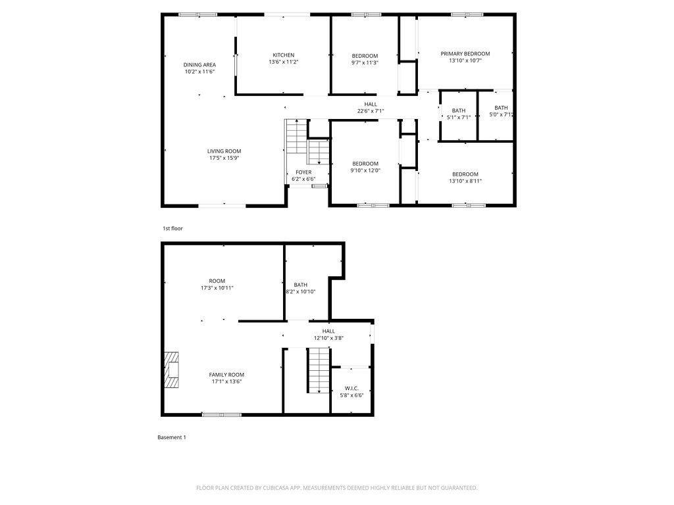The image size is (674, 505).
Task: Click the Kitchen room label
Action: click(284, 55)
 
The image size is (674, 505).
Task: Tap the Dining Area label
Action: click(199, 64)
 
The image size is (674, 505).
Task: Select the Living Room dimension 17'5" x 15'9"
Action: click(224, 158)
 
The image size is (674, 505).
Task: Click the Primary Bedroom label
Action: click(465, 53)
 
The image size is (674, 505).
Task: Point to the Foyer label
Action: click(303, 172)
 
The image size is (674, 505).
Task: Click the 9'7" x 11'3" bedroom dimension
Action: click(365, 62)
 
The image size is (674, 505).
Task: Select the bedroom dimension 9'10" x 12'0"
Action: click(365, 170)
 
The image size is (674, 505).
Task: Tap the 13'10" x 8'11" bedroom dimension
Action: click(465, 181)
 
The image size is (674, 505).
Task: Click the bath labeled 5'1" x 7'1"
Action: click(459, 114)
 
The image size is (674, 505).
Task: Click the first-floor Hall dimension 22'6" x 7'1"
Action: click(371, 111)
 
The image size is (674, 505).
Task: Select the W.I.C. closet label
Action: click(351, 388)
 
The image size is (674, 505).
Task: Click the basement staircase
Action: click(319, 370)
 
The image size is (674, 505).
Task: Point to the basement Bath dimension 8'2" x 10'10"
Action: click(301, 291)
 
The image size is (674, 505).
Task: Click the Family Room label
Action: click(226, 374)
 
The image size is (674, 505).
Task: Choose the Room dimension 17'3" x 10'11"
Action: click(217, 288)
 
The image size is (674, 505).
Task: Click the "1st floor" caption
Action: click(173, 228)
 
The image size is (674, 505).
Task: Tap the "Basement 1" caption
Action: click(172, 437)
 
